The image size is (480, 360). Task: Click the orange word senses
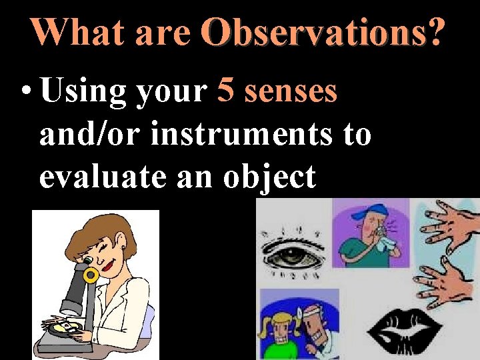[x=291, y=93]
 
